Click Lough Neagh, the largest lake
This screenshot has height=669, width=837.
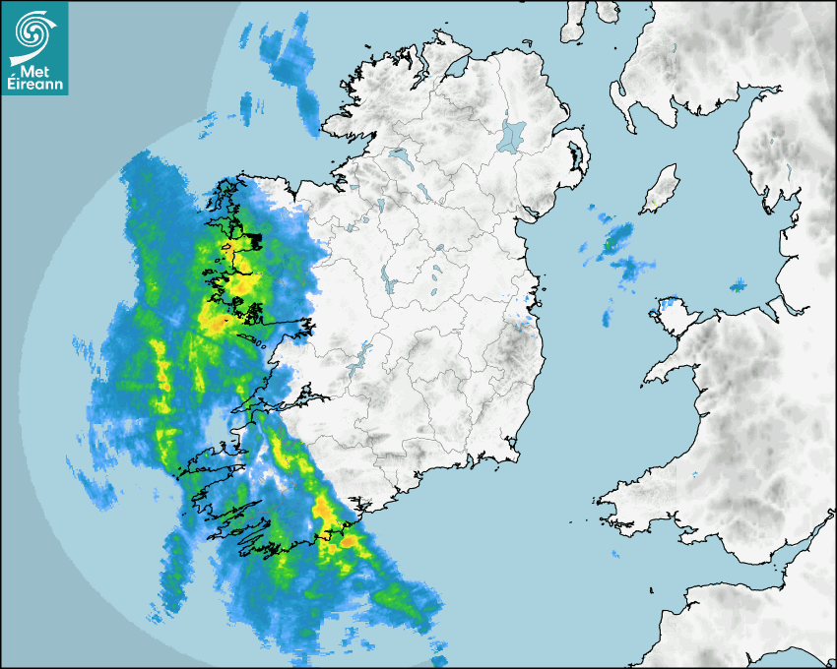(511, 134)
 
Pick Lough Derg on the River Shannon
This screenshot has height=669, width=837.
(365, 350)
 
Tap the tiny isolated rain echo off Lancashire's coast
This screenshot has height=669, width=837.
(738, 286)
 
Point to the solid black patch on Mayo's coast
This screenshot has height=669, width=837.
(254, 239)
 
